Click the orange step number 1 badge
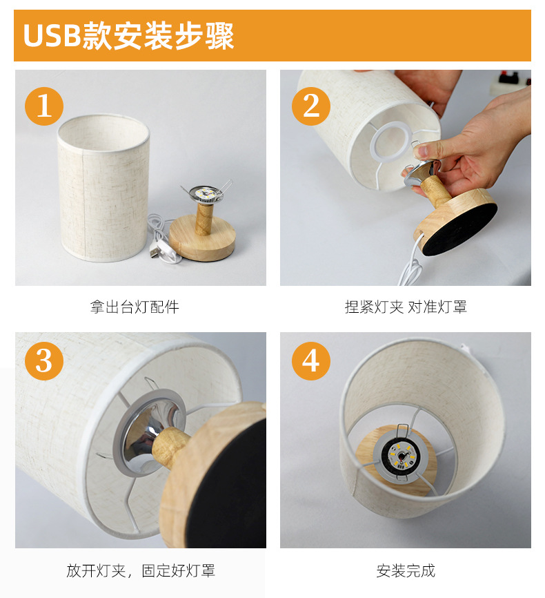point(44,106)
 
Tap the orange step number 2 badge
point(311,106)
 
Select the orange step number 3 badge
point(44,360)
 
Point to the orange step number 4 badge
point(311,360)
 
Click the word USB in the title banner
point(52,36)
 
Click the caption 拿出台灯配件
point(135,307)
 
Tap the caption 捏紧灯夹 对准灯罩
point(406,307)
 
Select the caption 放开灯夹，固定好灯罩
point(141,570)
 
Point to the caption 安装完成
point(406,570)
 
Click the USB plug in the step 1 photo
point(154,253)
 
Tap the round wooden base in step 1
point(202,238)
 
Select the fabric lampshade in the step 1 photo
point(103,188)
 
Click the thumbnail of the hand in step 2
point(423,151)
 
